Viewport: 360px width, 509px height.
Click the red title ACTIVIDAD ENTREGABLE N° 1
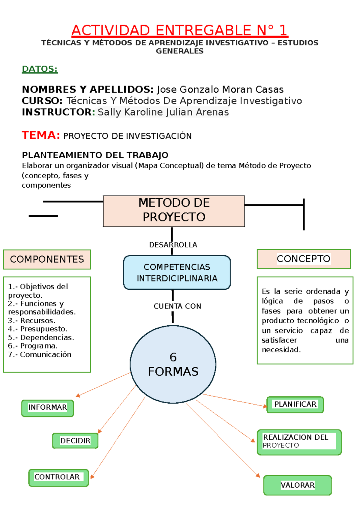tap(179, 30)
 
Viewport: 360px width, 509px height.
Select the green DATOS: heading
tap(40, 69)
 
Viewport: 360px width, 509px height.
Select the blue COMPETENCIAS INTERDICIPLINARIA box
tap(177, 273)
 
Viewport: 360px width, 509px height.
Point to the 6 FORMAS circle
tap(173, 364)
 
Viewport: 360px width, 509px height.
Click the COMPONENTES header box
tap(47, 259)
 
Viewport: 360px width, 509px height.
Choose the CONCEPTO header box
tap(304, 259)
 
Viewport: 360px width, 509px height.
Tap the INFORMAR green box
tap(48, 408)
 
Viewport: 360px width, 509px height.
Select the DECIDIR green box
tap(75, 441)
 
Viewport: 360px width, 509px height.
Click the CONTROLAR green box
tap(58, 477)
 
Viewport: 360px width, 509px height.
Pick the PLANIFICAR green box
tap(295, 405)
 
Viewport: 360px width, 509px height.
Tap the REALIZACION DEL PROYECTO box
tap(299, 442)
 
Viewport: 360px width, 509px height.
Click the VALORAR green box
tap(298, 485)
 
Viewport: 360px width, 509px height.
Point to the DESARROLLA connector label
tap(173, 245)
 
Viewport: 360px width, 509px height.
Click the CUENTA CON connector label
tap(177, 306)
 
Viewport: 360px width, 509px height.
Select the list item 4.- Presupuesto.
tap(38, 329)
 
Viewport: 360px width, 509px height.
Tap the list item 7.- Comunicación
tap(40, 354)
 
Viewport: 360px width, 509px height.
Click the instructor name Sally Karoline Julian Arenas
tap(163, 112)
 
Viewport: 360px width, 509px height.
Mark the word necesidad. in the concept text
tap(281, 350)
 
